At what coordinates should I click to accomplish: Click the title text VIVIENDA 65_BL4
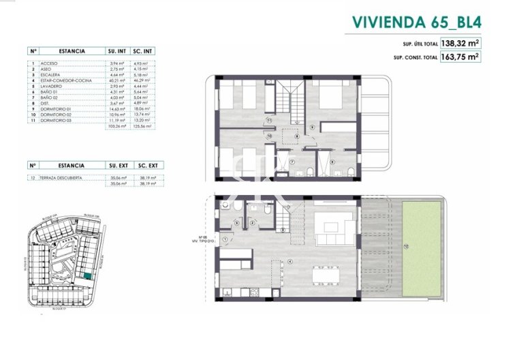pyautogui.click(x=417, y=21)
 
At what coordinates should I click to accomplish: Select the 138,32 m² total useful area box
pyautogui.click(x=461, y=42)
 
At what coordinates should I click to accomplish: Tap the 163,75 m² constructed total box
pyautogui.click(x=461, y=57)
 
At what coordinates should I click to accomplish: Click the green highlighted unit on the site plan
pyautogui.click(x=89, y=275)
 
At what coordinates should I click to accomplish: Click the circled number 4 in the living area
pyautogui.click(x=290, y=261)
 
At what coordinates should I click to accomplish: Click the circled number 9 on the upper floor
pyautogui.click(x=312, y=127)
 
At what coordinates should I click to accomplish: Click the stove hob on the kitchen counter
pyautogui.click(x=253, y=292)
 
